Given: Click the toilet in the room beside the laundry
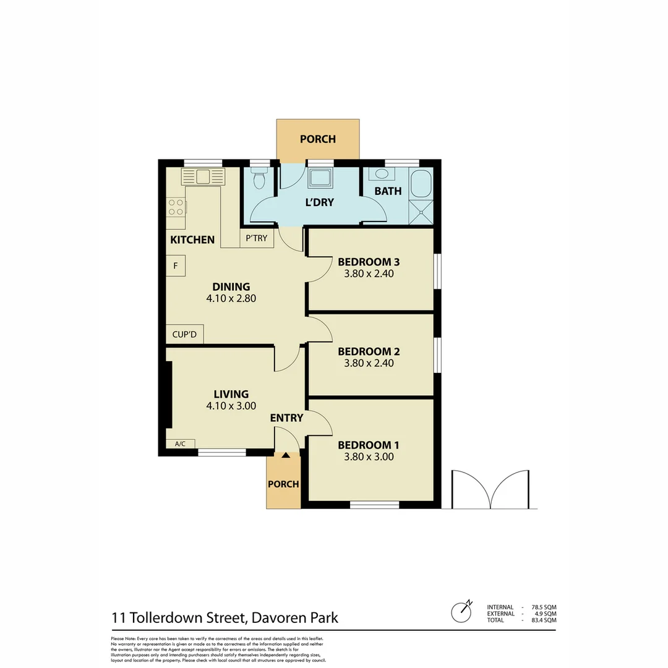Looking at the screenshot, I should pyautogui.click(x=260, y=179).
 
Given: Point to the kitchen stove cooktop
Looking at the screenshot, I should pyautogui.click(x=176, y=206).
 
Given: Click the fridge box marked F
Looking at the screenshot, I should pyautogui.click(x=176, y=266).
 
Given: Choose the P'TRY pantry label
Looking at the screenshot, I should pyautogui.click(x=257, y=238).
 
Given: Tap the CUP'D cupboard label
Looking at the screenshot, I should pyautogui.click(x=184, y=335).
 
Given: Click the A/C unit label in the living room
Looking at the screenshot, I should pyautogui.click(x=181, y=443).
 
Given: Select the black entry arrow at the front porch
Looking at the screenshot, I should pyautogui.click(x=286, y=456).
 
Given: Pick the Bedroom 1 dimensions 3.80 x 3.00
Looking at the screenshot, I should pyautogui.click(x=369, y=458).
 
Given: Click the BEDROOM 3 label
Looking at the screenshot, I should pyautogui.click(x=369, y=262).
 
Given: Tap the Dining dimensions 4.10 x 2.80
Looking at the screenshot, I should pyautogui.click(x=231, y=298).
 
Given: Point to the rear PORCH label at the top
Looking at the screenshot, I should pyautogui.click(x=318, y=139).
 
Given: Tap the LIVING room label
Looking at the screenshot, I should pyautogui.click(x=231, y=394).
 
